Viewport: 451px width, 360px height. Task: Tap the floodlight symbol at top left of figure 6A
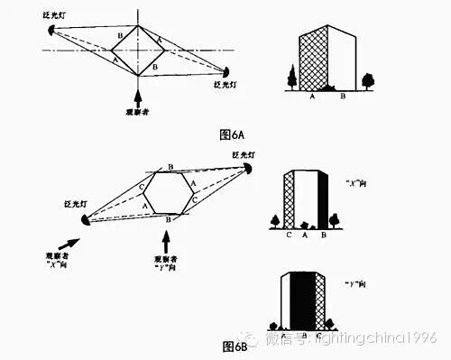[x=51, y=30]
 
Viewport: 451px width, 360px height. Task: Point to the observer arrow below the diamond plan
[x=137, y=96]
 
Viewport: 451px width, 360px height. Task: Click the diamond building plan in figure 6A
[x=138, y=51]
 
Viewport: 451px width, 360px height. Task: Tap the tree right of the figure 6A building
[x=367, y=81]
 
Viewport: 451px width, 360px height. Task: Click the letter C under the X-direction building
[x=289, y=239]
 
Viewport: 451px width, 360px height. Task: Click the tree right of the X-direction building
[x=335, y=219]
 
